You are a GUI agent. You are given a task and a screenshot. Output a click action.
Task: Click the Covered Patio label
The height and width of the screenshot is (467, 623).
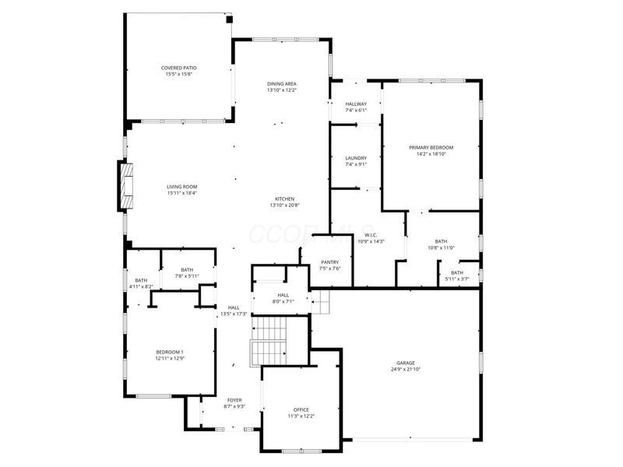click(x=178, y=68)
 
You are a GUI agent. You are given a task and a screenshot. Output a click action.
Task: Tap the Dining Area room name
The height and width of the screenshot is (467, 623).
click(x=281, y=83)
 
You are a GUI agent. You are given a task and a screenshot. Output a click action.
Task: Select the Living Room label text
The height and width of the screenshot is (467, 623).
click(x=181, y=186)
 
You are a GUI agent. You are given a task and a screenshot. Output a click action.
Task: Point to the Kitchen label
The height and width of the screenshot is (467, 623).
click(x=284, y=198)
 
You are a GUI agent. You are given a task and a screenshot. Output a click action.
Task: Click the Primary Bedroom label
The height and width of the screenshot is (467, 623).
click(x=431, y=147)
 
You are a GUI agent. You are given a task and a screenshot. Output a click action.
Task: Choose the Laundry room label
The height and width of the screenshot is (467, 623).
click(x=356, y=158)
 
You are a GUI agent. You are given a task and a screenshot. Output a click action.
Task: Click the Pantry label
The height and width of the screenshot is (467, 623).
click(x=329, y=262)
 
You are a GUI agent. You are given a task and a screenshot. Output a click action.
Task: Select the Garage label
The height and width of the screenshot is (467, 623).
click(x=405, y=363)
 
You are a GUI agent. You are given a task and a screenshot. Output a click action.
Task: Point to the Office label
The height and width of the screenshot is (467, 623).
click(x=301, y=409)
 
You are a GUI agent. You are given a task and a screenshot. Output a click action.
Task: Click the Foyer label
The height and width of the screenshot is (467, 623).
click(x=234, y=400)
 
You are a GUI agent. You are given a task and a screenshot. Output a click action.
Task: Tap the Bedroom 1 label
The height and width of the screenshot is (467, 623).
click(x=169, y=353)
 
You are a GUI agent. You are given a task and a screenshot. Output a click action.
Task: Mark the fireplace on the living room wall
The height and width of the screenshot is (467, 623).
click(x=125, y=186)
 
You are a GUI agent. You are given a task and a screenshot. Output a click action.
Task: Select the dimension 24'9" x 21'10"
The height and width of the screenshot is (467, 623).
click(x=405, y=369)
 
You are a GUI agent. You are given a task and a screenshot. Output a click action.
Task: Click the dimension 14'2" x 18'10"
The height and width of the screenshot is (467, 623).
click(x=431, y=154)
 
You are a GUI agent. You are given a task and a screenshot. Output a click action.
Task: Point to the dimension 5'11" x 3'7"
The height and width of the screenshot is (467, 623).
click(x=456, y=279)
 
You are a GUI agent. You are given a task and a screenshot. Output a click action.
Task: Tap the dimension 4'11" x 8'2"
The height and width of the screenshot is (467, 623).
click(x=141, y=286)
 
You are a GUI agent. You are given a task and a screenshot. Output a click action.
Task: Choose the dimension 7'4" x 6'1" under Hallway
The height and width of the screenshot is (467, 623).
click(x=356, y=111)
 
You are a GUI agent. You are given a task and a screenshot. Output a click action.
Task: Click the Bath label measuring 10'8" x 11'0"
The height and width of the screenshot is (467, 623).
click(x=442, y=241)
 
